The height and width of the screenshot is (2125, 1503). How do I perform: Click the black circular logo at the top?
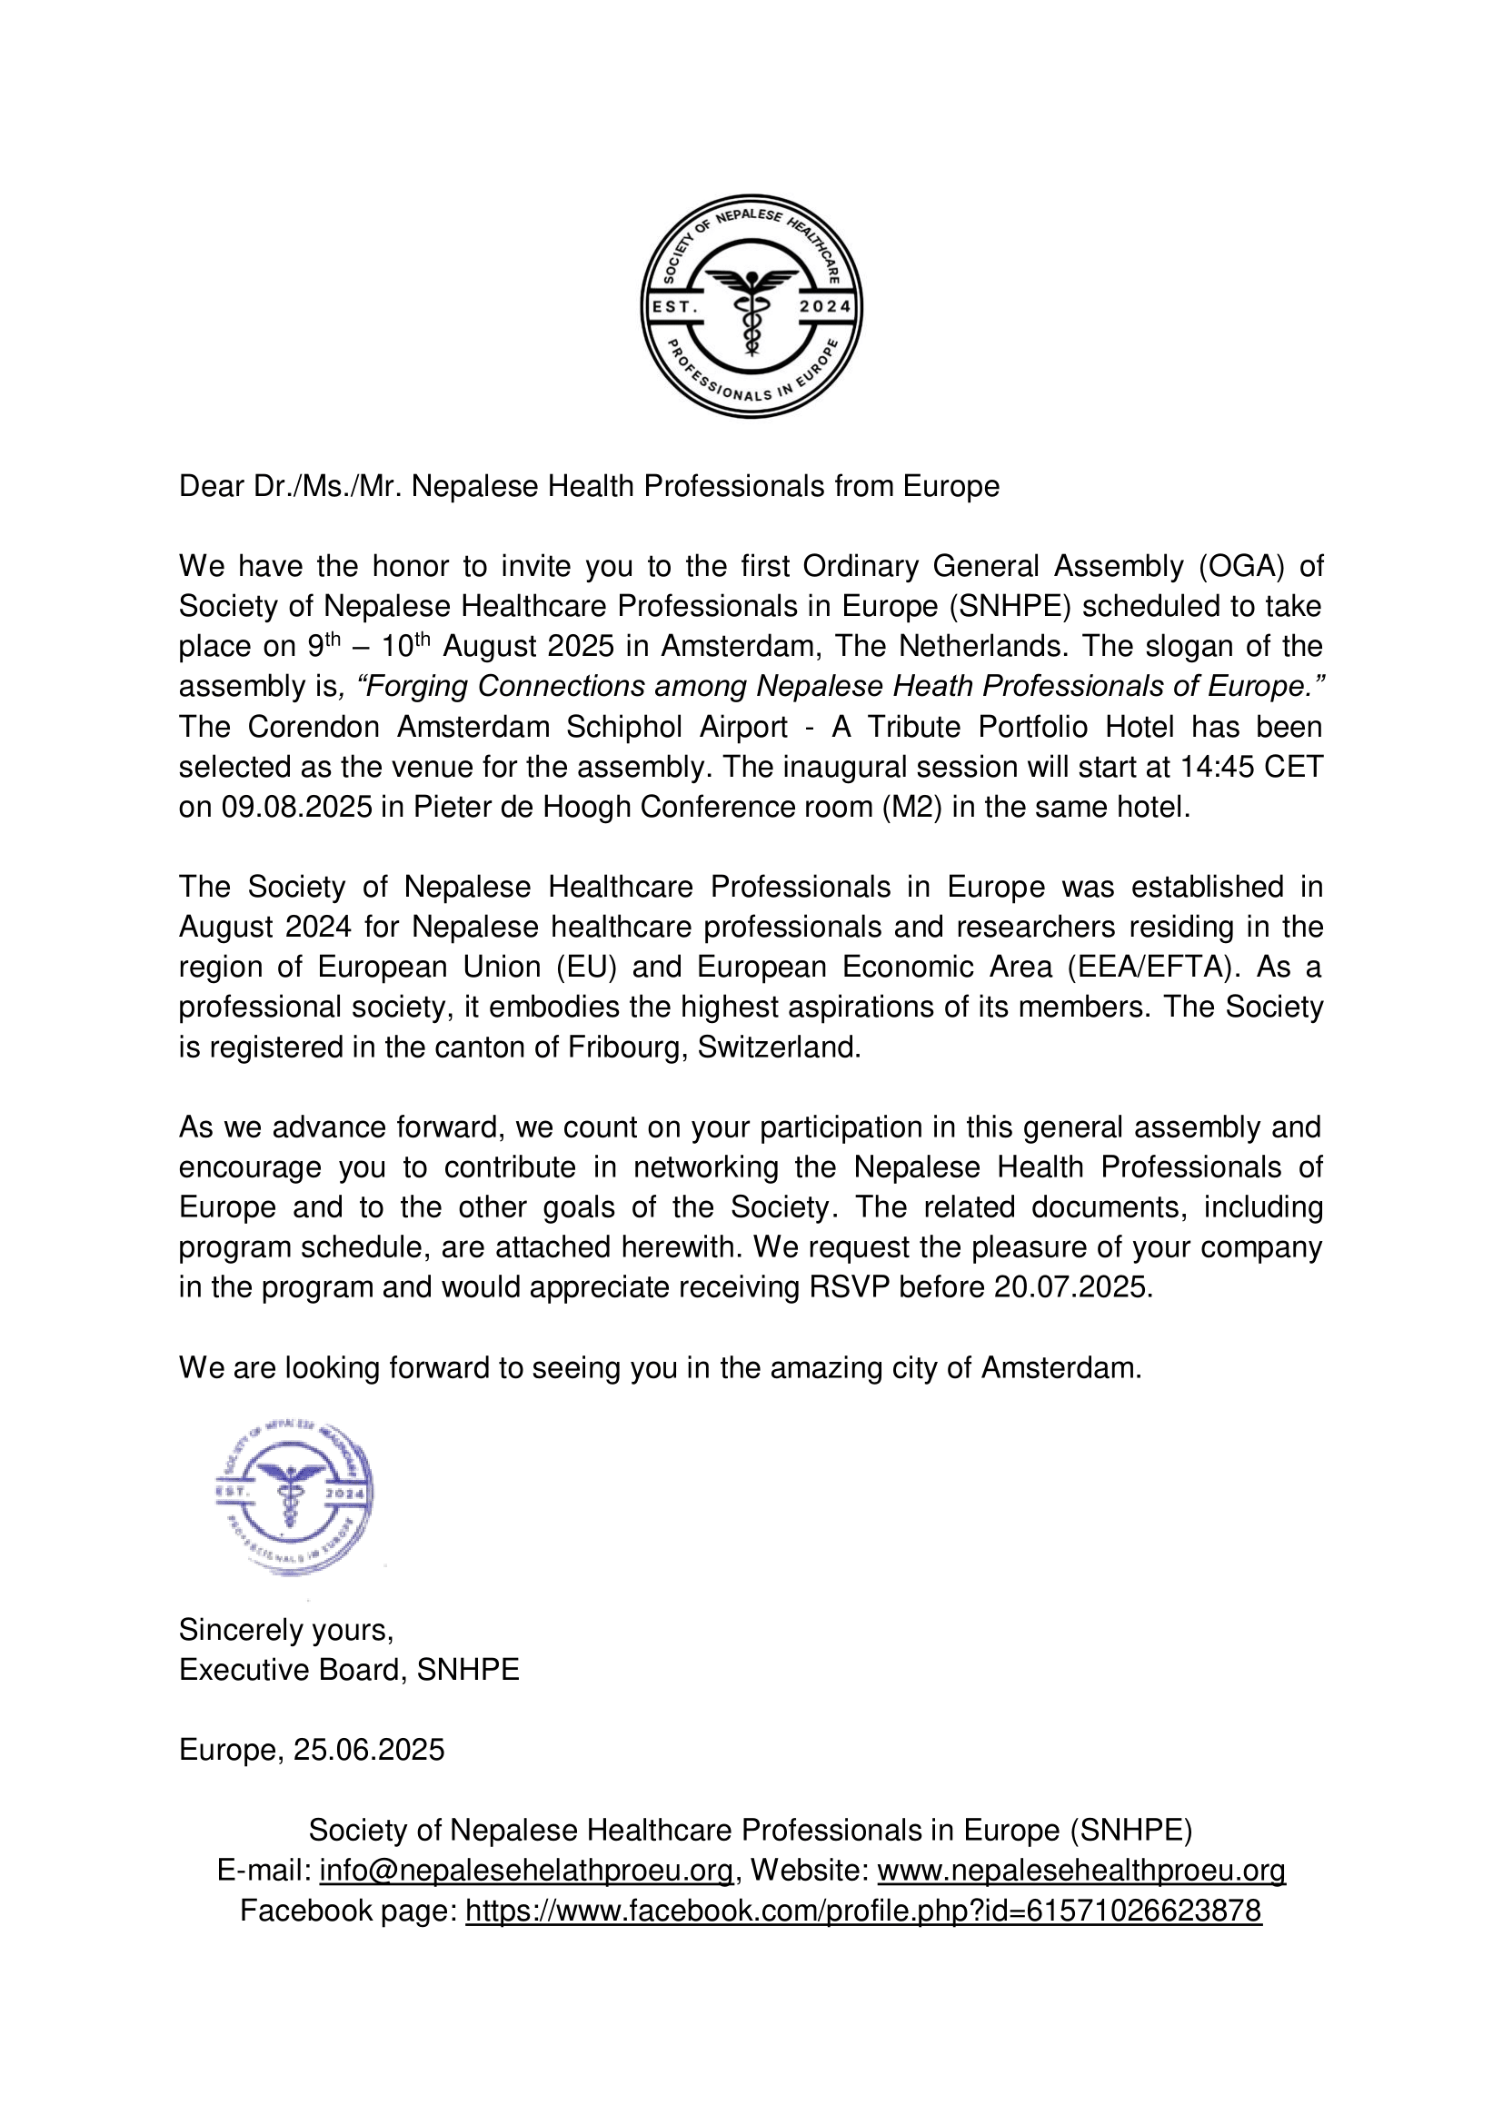pos(751,306)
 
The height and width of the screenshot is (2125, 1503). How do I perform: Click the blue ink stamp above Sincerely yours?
pos(294,1494)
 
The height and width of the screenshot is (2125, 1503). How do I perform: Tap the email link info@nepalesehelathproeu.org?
pos(525,1871)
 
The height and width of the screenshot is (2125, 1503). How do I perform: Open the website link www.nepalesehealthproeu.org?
pos(1081,1871)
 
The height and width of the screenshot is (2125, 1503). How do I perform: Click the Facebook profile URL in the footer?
pos(862,1911)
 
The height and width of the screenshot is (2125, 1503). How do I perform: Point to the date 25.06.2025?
pos(368,1749)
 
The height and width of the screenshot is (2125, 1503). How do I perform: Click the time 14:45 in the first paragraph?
pos(1219,768)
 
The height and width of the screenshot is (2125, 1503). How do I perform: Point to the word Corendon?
pos(314,727)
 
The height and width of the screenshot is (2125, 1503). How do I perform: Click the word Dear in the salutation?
pos(211,486)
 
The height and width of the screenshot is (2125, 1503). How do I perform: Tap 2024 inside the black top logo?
pos(824,306)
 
